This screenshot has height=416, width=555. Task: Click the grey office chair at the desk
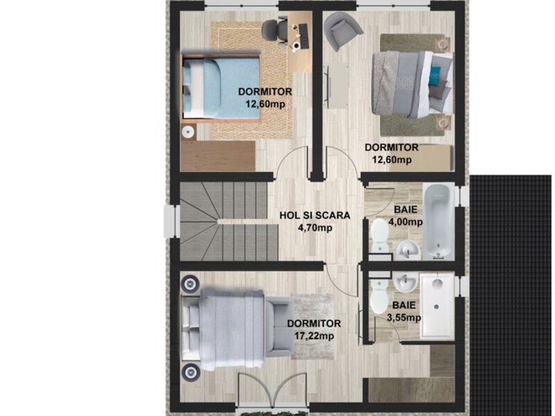[275, 32]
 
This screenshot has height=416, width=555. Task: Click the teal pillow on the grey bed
[434, 76]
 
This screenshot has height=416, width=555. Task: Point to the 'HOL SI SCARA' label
[315, 216]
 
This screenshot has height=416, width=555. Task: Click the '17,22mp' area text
[314, 336]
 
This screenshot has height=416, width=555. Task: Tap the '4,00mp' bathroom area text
[406, 222]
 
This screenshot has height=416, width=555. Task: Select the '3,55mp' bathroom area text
[404, 318]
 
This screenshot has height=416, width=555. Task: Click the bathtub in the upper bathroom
[439, 221]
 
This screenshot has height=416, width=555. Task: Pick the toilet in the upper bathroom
[379, 235]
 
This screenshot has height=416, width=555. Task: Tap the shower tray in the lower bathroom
[437, 306]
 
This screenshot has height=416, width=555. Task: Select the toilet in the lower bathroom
[379, 297]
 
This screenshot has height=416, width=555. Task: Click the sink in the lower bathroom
[406, 282]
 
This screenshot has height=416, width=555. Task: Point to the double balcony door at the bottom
[273, 389]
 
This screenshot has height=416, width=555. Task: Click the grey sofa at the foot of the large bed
[280, 327]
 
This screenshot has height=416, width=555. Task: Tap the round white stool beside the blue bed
[188, 132]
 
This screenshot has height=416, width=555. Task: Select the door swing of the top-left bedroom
[291, 164]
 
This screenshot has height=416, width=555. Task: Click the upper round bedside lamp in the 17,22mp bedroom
[190, 284]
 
